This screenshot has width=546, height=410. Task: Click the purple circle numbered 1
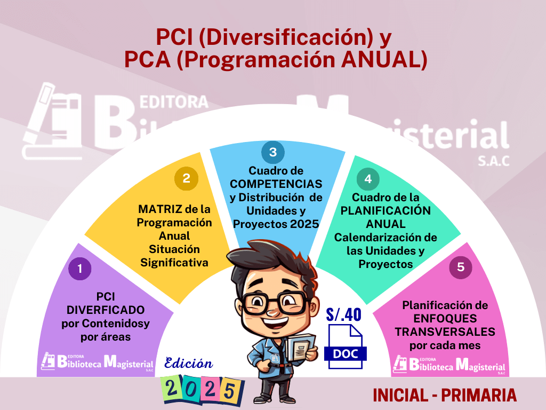pyautogui.click(x=80, y=269)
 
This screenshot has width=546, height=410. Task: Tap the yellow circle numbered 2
pyautogui.click(x=186, y=178)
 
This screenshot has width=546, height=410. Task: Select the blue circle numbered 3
pyautogui.click(x=273, y=152)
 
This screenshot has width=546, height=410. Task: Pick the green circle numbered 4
pyautogui.click(x=368, y=179)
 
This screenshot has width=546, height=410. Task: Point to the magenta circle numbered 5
pyautogui.click(x=460, y=267)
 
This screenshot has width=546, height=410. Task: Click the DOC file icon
pyautogui.click(x=346, y=346)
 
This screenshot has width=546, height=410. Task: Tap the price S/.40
pyautogui.click(x=344, y=314)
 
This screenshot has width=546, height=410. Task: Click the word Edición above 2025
pyautogui.click(x=188, y=363)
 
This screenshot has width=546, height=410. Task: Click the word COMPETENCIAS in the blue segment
pyautogui.click(x=276, y=184)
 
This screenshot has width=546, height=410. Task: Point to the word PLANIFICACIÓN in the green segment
pyautogui.click(x=386, y=210)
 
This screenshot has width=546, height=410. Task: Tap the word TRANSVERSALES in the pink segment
pyautogui.click(x=445, y=332)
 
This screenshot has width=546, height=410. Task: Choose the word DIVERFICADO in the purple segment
pyautogui.click(x=106, y=310)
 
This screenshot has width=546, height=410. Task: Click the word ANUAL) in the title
pyautogui.click(x=384, y=59)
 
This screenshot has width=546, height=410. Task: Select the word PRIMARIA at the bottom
pyautogui.click(x=479, y=395)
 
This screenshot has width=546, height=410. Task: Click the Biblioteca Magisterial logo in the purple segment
pyautogui.click(x=98, y=362)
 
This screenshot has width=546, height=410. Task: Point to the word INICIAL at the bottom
pyautogui.click(x=400, y=395)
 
